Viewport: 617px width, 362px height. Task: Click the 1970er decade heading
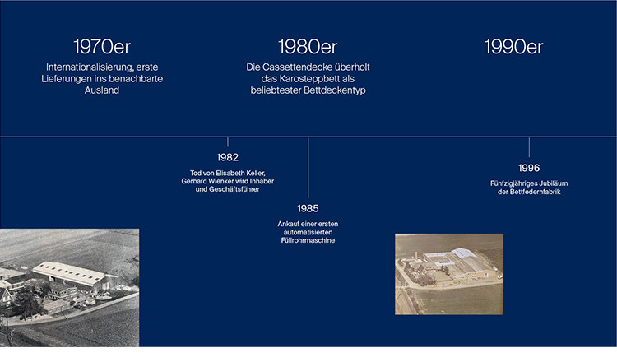pyautogui.click(x=102, y=47)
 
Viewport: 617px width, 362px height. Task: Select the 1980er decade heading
pyautogui.click(x=308, y=47)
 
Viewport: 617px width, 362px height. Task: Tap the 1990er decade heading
pyautogui.click(x=513, y=47)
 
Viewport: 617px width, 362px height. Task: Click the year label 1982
pyautogui.click(x=227, y=157)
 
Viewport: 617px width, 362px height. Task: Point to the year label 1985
pyautogui.click(x=308, y=208)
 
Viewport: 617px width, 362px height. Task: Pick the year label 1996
pyautogui.click(x=529, y=168)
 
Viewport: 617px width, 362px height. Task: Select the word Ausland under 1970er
pyautogui.click(x=102, y=90)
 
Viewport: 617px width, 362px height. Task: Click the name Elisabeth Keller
pyautogui.click(x=240, y=173)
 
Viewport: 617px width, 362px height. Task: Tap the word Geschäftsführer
pyautogui.click(x=234, y=189)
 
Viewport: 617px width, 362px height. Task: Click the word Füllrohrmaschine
pyautogui.click(x=308, y=240)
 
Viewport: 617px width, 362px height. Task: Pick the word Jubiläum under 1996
pyautogui.click(x=554, y=183)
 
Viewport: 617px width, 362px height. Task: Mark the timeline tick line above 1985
pyautogui.click(x=308, y=167)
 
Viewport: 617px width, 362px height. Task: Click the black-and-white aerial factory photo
pyautogui.click(x=69, y=288)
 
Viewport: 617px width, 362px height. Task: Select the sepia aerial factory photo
pyautogui.click(x=449, y=274)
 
